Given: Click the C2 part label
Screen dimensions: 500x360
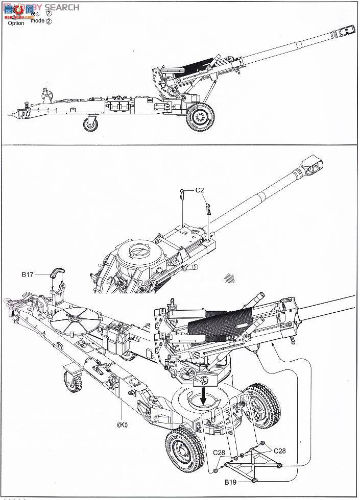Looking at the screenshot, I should coord(200,190).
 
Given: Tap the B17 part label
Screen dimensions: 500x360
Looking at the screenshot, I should coord(28,274).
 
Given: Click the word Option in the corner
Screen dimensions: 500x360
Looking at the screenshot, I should coord(16,23).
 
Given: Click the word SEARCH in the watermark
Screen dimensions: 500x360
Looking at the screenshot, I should coord(62,7).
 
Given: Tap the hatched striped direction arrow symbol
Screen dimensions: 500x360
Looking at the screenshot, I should coord(230,279).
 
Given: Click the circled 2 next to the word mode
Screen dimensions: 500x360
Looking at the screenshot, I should coord(49,21).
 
